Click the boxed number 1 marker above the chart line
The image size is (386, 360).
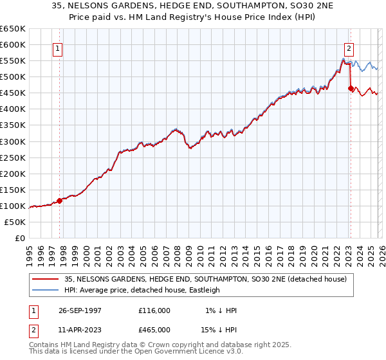point(57,48)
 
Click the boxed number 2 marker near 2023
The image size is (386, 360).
point(349,48)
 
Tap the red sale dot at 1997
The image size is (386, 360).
point(60,201)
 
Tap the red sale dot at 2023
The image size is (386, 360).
point(351,88)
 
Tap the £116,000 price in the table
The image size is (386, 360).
point(154,310)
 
